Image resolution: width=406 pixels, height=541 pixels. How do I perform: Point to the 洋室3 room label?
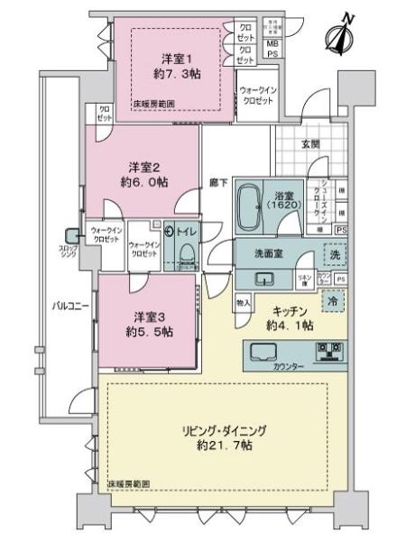click(x=146, y=316)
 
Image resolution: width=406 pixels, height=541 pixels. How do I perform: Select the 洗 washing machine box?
click(x=335, y=255)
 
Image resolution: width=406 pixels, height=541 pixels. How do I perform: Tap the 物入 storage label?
click(x=242, y=303)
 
